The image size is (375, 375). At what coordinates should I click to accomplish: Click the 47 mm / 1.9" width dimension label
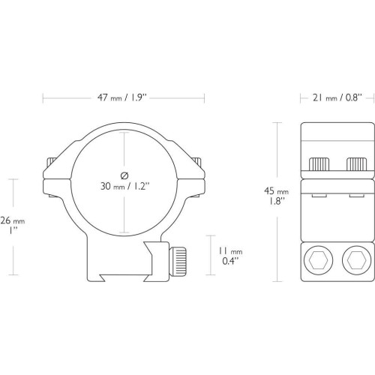point(121,97)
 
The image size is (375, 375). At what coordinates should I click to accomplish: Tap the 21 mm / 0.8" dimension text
point(337,97)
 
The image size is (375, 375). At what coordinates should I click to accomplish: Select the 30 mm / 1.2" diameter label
point(124,186)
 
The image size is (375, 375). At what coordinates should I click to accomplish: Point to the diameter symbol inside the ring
point(124,175)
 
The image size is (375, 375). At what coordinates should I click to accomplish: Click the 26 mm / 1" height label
point(13,226)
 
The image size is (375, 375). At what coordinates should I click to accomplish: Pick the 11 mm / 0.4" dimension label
point(230,256)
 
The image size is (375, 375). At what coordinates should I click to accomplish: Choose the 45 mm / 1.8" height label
point(277,196)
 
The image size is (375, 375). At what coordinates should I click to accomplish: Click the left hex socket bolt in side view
point(318,260)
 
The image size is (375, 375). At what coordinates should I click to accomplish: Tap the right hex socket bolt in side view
point(356,260)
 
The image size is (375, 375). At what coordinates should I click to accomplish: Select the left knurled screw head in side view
point(319,164)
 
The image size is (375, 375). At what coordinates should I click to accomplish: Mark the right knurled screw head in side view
point(356,164)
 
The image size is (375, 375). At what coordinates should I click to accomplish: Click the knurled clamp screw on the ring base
point(178,261)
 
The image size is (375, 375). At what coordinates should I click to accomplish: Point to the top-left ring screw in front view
point(51,161)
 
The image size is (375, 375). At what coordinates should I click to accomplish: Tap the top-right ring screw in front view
point(196,161)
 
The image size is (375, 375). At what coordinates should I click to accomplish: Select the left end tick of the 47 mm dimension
point(43,98)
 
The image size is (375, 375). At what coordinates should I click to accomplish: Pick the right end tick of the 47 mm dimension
point(204,98)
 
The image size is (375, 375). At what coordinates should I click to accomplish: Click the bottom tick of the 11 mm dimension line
point(211,275)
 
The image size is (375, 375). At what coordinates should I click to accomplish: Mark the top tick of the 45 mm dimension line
point(277,123)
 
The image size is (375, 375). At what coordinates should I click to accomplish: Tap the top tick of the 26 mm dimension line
point(13,179)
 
